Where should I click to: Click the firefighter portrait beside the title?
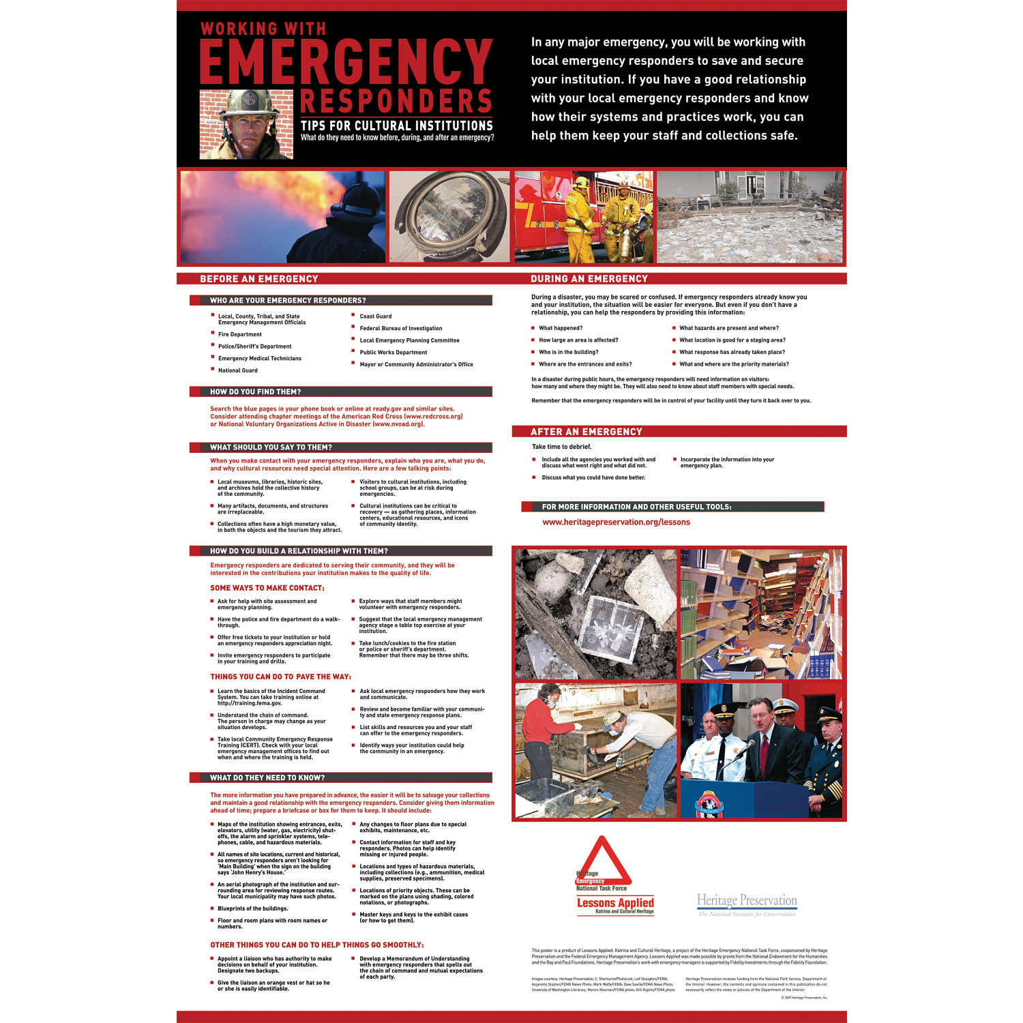(x=246, y=124)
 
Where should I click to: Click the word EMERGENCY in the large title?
(x=346, y=62)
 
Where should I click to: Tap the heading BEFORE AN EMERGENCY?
(x=259, y=279)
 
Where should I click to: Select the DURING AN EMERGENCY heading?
(x=589, y=279)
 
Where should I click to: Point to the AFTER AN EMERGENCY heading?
(x=587, y=432)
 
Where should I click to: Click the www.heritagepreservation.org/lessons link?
(x=616, y=522)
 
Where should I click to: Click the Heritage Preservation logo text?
(x=747, y=901)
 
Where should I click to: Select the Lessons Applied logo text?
(x=615, y=903)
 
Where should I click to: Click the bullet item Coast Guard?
(x=376, y=316)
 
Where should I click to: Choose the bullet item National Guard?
(x=238, y=370)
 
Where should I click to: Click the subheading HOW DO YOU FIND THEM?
(x=255, y=392)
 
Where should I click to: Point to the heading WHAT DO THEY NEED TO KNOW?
(x=267, y=778)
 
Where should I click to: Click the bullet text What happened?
(x=561, y=328)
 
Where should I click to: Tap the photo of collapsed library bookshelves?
(x=761, y=614)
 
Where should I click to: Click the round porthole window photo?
(x=449, y=217)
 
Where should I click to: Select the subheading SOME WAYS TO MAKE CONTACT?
(x=267, y=588)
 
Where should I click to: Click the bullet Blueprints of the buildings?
(x=252, y=908)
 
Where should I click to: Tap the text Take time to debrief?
(x=561, y=447)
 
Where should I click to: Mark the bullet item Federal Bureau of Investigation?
(x=401, y=329)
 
